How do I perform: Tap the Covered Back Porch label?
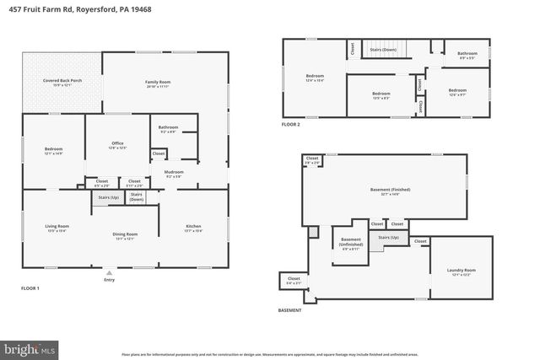point(62,81)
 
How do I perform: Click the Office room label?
point(117,143)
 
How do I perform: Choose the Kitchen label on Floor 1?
point(193,226)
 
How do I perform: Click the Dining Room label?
point(125,234)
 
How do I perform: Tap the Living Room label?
point(57,226)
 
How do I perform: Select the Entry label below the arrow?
point(108,280)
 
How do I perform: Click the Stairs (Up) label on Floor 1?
point(107,196)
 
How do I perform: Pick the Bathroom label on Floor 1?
point(168,127)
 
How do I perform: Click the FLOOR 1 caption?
point(30,288)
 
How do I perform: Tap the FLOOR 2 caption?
point(290,124)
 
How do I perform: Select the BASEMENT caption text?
point(290,310)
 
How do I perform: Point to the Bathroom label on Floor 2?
point(467,53)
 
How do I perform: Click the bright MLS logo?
point(30,347)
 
